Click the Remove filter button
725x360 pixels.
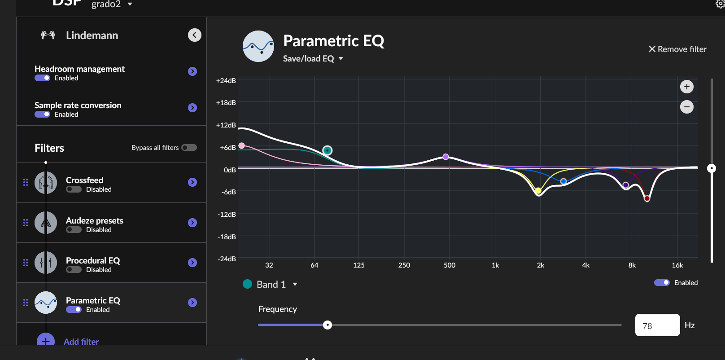click(x=677, y=49)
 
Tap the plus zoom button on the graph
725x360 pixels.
click(x=686, y=87)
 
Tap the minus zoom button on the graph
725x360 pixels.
click(x=686, y=107)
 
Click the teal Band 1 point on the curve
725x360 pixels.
click(x=328, y=150)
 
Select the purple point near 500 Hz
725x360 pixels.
click(x=445, y=157)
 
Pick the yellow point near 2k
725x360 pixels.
click(x=538, y=191)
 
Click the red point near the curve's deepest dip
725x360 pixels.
click(x=647, y=198)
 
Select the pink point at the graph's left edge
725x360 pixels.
click(x=242, y=145)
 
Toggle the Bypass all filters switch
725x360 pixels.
click(x=189, y=148)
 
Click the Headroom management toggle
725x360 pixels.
click(x=43, y=78)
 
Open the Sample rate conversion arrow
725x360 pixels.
click(x=192, y=108)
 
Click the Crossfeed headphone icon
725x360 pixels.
click(x=46, y=183)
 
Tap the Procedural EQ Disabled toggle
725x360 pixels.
click(x=74, y=270)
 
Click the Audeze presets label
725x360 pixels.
click(x=94, y=220)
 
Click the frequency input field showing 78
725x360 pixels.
click(x=657, y=325)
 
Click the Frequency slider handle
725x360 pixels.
click(x=328, y=325)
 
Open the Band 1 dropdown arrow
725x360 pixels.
click(x=295, y=284)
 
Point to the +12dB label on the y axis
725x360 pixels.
click(x=226, y=125)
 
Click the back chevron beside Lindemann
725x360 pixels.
click(x=194, y=35)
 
